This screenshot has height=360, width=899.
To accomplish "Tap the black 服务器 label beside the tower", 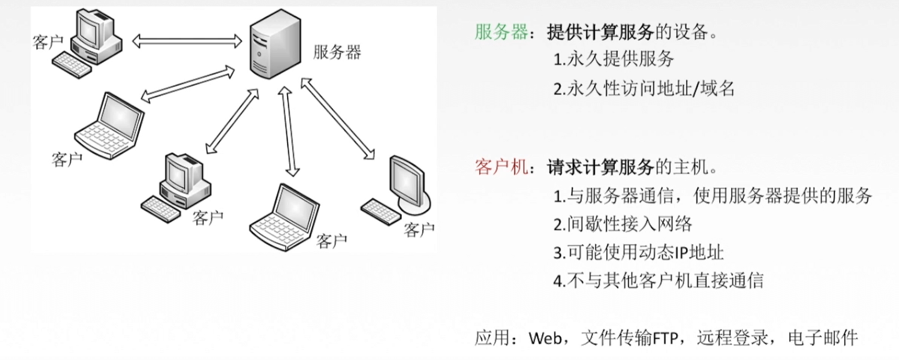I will [x=337, y=53].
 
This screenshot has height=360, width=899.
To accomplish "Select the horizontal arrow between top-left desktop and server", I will [x=187, y=41].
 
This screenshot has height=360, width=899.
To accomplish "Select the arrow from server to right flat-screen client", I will [x=336, y=118].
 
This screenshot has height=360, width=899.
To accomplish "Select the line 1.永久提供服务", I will [x=613, y=60].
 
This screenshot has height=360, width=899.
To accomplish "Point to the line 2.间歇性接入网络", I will [x=622, y=224].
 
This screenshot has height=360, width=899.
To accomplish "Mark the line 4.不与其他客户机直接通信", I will [x=658, y=281].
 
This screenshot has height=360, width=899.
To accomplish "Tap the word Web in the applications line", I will [x=545, y=338].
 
